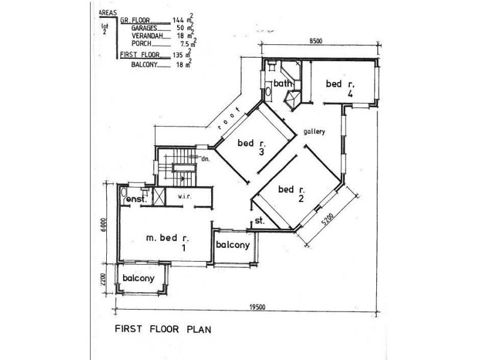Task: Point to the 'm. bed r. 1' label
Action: pos(169,242)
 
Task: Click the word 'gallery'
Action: pos(314,131)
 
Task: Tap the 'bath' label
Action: pos(283,83)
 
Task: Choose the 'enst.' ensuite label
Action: pos(137,200)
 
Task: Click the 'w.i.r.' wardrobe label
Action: pos(185,197)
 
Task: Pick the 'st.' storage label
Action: pos(260,220)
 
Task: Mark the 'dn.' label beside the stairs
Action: pos(205,159)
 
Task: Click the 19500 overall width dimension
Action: pos(257,307)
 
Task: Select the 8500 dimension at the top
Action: pos(316,41)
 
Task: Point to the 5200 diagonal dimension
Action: pos(328,220)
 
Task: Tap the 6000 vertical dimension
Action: pos(103,226)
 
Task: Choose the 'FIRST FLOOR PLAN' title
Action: pos(163,329)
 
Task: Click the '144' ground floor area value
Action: pos(178,20)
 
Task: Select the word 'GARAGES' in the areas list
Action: pos(145,28)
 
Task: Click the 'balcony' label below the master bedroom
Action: pos(139,278)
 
